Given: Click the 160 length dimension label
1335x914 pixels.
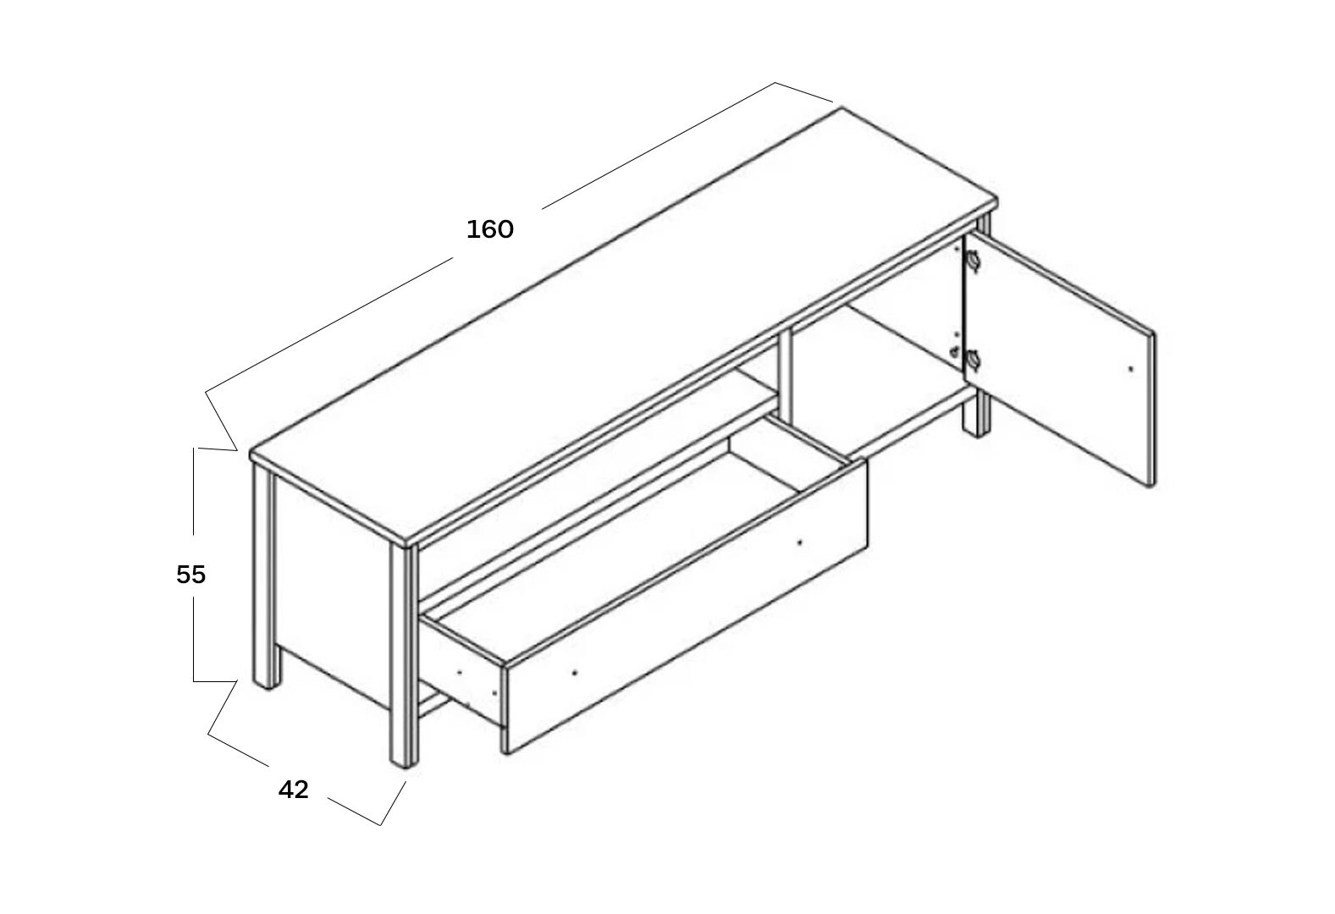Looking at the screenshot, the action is (x=490, y=229).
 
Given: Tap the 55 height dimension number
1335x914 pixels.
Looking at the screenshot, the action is (x=190, y=575).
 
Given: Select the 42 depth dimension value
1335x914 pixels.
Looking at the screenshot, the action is (x=293, y=790).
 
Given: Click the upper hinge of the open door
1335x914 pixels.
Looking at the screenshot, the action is (x=973, y=261).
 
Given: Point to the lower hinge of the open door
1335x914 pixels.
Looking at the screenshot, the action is (x=973, y=359).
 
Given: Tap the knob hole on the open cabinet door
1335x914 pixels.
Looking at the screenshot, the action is (x=1131, y=370).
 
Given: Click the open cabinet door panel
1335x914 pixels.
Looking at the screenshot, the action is (x=1060, y=360).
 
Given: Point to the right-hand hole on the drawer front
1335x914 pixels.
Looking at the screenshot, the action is (x=798, y=542).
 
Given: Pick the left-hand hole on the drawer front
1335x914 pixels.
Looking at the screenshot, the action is (x=575, y=673).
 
